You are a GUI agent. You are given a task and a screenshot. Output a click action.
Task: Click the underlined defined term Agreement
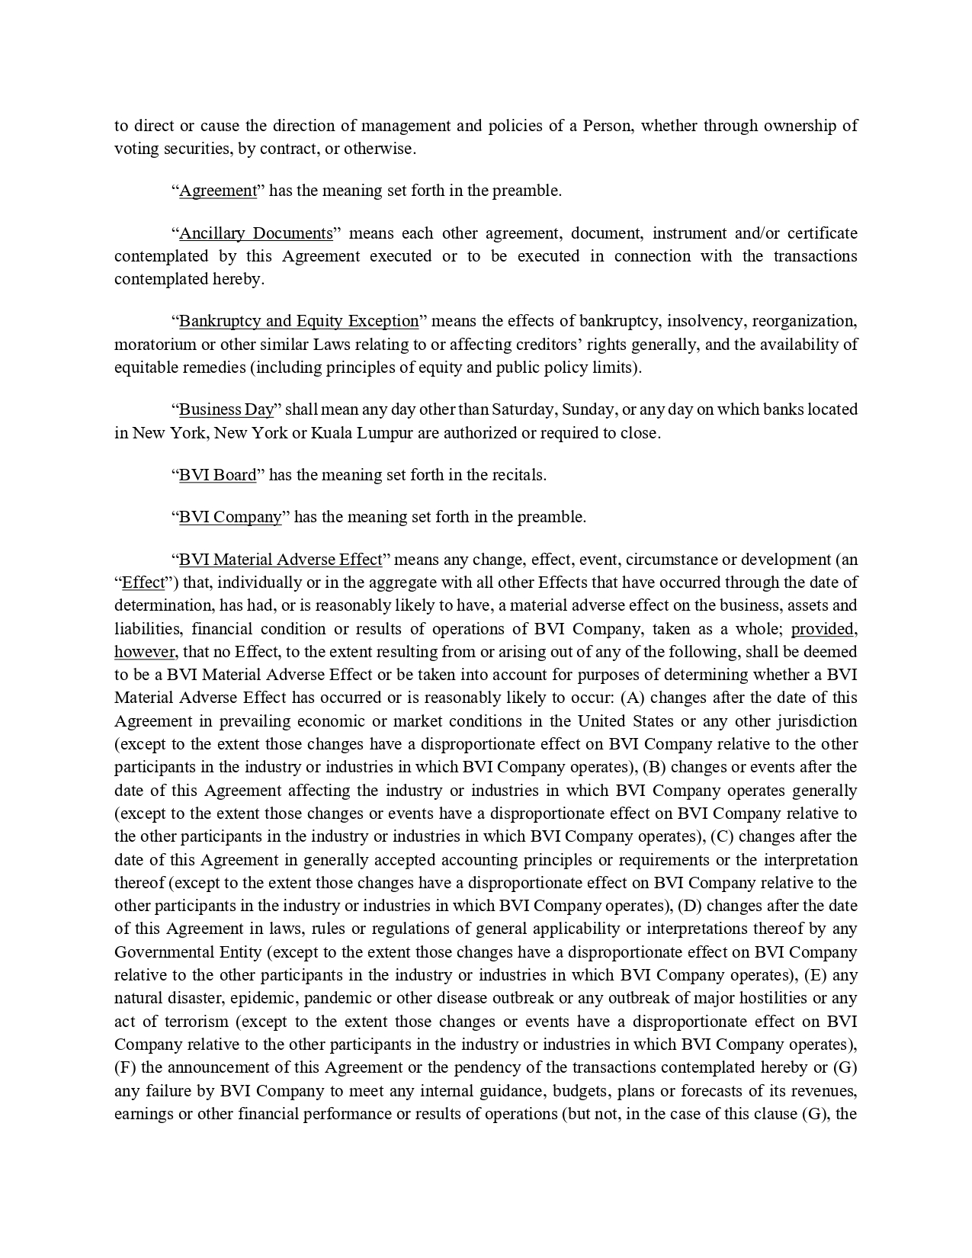(x=218, y=191)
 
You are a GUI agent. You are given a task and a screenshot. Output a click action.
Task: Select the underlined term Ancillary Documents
(x=256, y=233)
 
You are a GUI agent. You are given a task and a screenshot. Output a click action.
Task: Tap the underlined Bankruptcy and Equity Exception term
(x=299, y=321)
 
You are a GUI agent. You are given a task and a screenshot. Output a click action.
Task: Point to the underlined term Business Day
(x=226, y=409)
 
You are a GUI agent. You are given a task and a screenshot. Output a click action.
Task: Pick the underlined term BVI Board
(x=218, y=475)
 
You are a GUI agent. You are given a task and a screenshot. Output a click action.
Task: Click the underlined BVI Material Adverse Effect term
(x=281, y=560)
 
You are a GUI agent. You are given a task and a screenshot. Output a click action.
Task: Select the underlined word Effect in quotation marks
(x=143, y=582)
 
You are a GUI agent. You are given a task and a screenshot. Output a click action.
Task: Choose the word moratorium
(x=155, y=345)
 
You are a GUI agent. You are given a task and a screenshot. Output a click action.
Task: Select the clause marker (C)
(x=721, y=836)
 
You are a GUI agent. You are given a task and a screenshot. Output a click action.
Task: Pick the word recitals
(x=517, y=475)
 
